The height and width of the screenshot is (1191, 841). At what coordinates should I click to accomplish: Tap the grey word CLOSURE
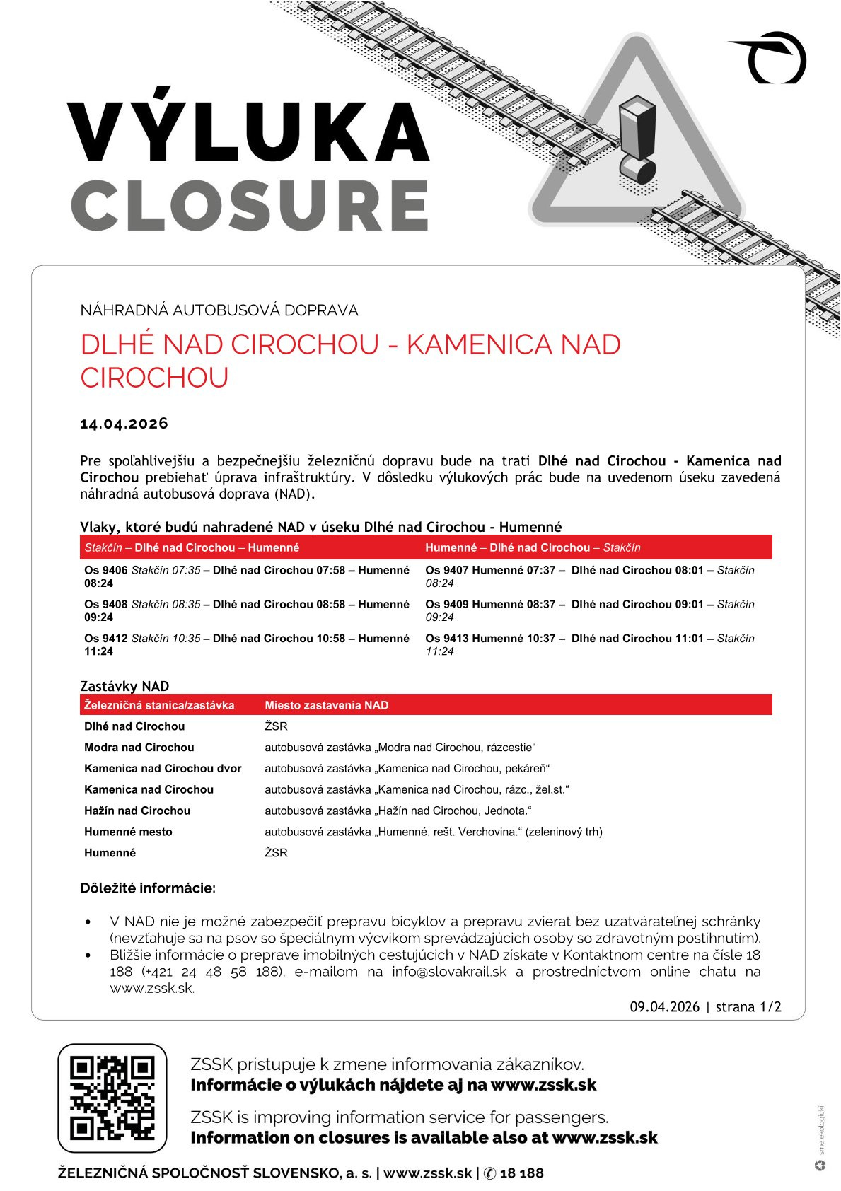click(250, 205)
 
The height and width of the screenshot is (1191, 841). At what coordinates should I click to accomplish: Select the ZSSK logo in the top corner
click(772, 58)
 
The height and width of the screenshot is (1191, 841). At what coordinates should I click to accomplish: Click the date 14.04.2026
click(124, 424)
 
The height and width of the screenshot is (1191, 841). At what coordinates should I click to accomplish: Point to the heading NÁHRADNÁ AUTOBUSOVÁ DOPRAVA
click(219, 310)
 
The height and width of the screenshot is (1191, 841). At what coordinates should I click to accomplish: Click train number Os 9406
click(106, 570)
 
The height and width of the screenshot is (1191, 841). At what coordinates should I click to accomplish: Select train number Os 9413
click(447, 638)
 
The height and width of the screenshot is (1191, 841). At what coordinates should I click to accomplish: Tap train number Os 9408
click(106, 604)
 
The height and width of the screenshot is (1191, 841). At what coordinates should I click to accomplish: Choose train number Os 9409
click(447, 604)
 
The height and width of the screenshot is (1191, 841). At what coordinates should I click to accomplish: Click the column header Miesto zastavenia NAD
click(326, 705)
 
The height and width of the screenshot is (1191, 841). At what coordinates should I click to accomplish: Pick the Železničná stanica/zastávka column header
click(159, 705)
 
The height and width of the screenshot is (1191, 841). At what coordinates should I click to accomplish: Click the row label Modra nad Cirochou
click(139, 747)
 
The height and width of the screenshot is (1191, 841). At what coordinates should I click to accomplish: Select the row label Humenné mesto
click(128, 832)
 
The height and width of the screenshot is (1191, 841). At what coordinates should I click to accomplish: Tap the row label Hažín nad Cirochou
click(137, 811)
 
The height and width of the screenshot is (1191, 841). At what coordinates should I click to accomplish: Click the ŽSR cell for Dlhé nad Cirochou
click(276, 726)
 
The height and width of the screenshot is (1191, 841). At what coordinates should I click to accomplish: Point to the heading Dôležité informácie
click(148, 888)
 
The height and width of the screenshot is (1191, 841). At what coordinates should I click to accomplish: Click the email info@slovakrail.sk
click(449, 972)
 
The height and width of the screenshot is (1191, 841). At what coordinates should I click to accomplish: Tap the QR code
click(112, 1098)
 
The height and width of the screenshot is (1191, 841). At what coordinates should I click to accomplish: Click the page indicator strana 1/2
click(748, 1007)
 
